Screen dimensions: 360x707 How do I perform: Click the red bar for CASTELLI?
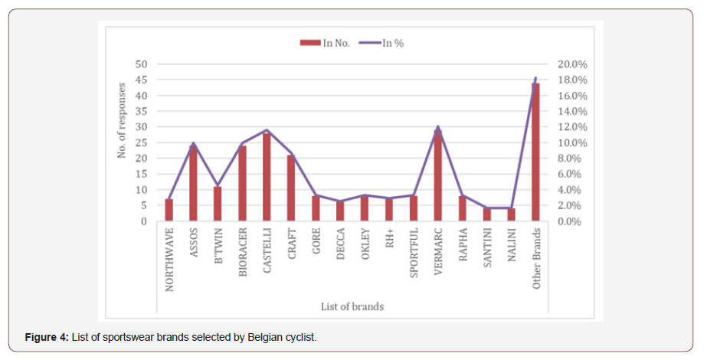click(x=267, y=178)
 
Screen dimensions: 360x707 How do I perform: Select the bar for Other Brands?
click(x=535, y=152)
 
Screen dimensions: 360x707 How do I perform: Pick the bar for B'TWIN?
click(x=218, y=204)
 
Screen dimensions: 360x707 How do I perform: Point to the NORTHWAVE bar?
click(x=169, y=210)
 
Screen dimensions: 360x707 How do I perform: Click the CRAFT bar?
click(x=291, y=188)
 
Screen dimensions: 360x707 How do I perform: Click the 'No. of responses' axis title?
click(x=121, y=121)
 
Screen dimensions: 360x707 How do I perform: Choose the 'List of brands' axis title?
click(x=352, y=306)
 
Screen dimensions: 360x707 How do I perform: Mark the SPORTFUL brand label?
click(x=414, y=252)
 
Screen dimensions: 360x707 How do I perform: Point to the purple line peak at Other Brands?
click(x=535, y=78)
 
